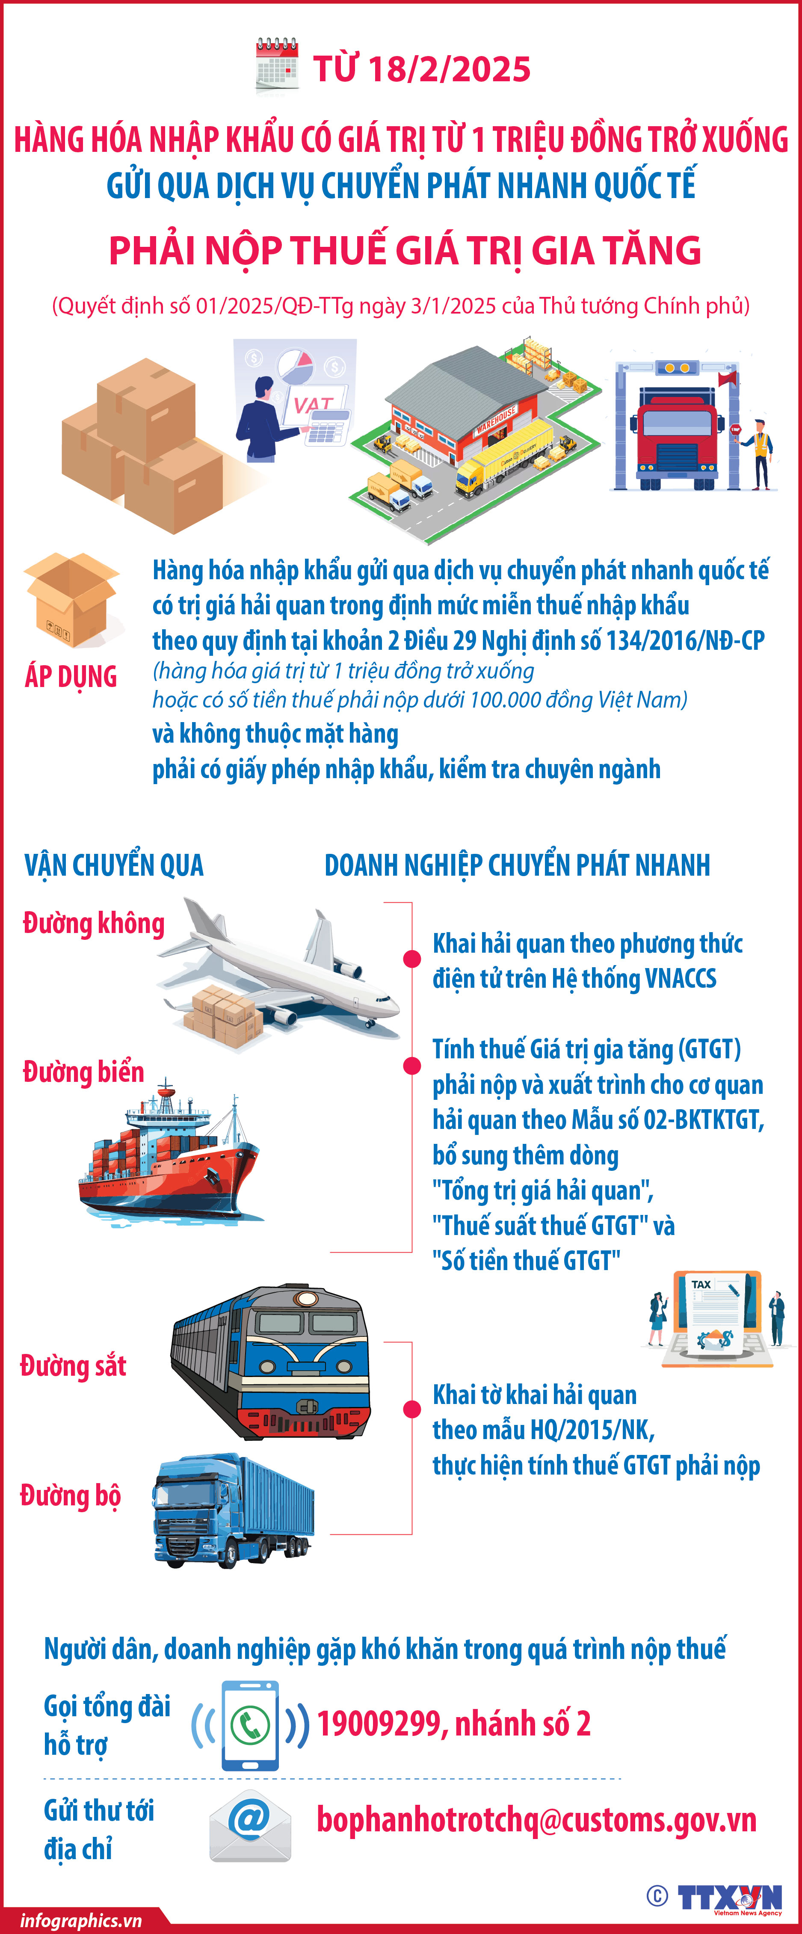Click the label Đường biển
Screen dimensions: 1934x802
tap(83, 1071)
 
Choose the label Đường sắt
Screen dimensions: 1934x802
tap(73, 1365)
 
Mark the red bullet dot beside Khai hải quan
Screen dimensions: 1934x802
tap(411, 959)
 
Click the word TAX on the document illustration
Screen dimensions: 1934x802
tap(701, 1285)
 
